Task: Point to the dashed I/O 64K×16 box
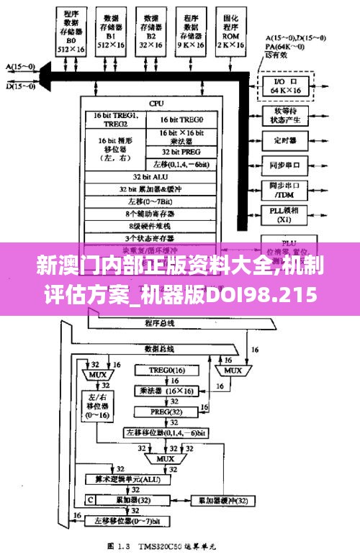[287, 85]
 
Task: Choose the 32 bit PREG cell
[181, 153]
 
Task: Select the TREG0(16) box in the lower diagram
[167, 370]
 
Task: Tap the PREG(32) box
[166, 412]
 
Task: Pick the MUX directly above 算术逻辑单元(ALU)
[166, 458]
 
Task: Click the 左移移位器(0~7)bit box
[127, 519]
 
